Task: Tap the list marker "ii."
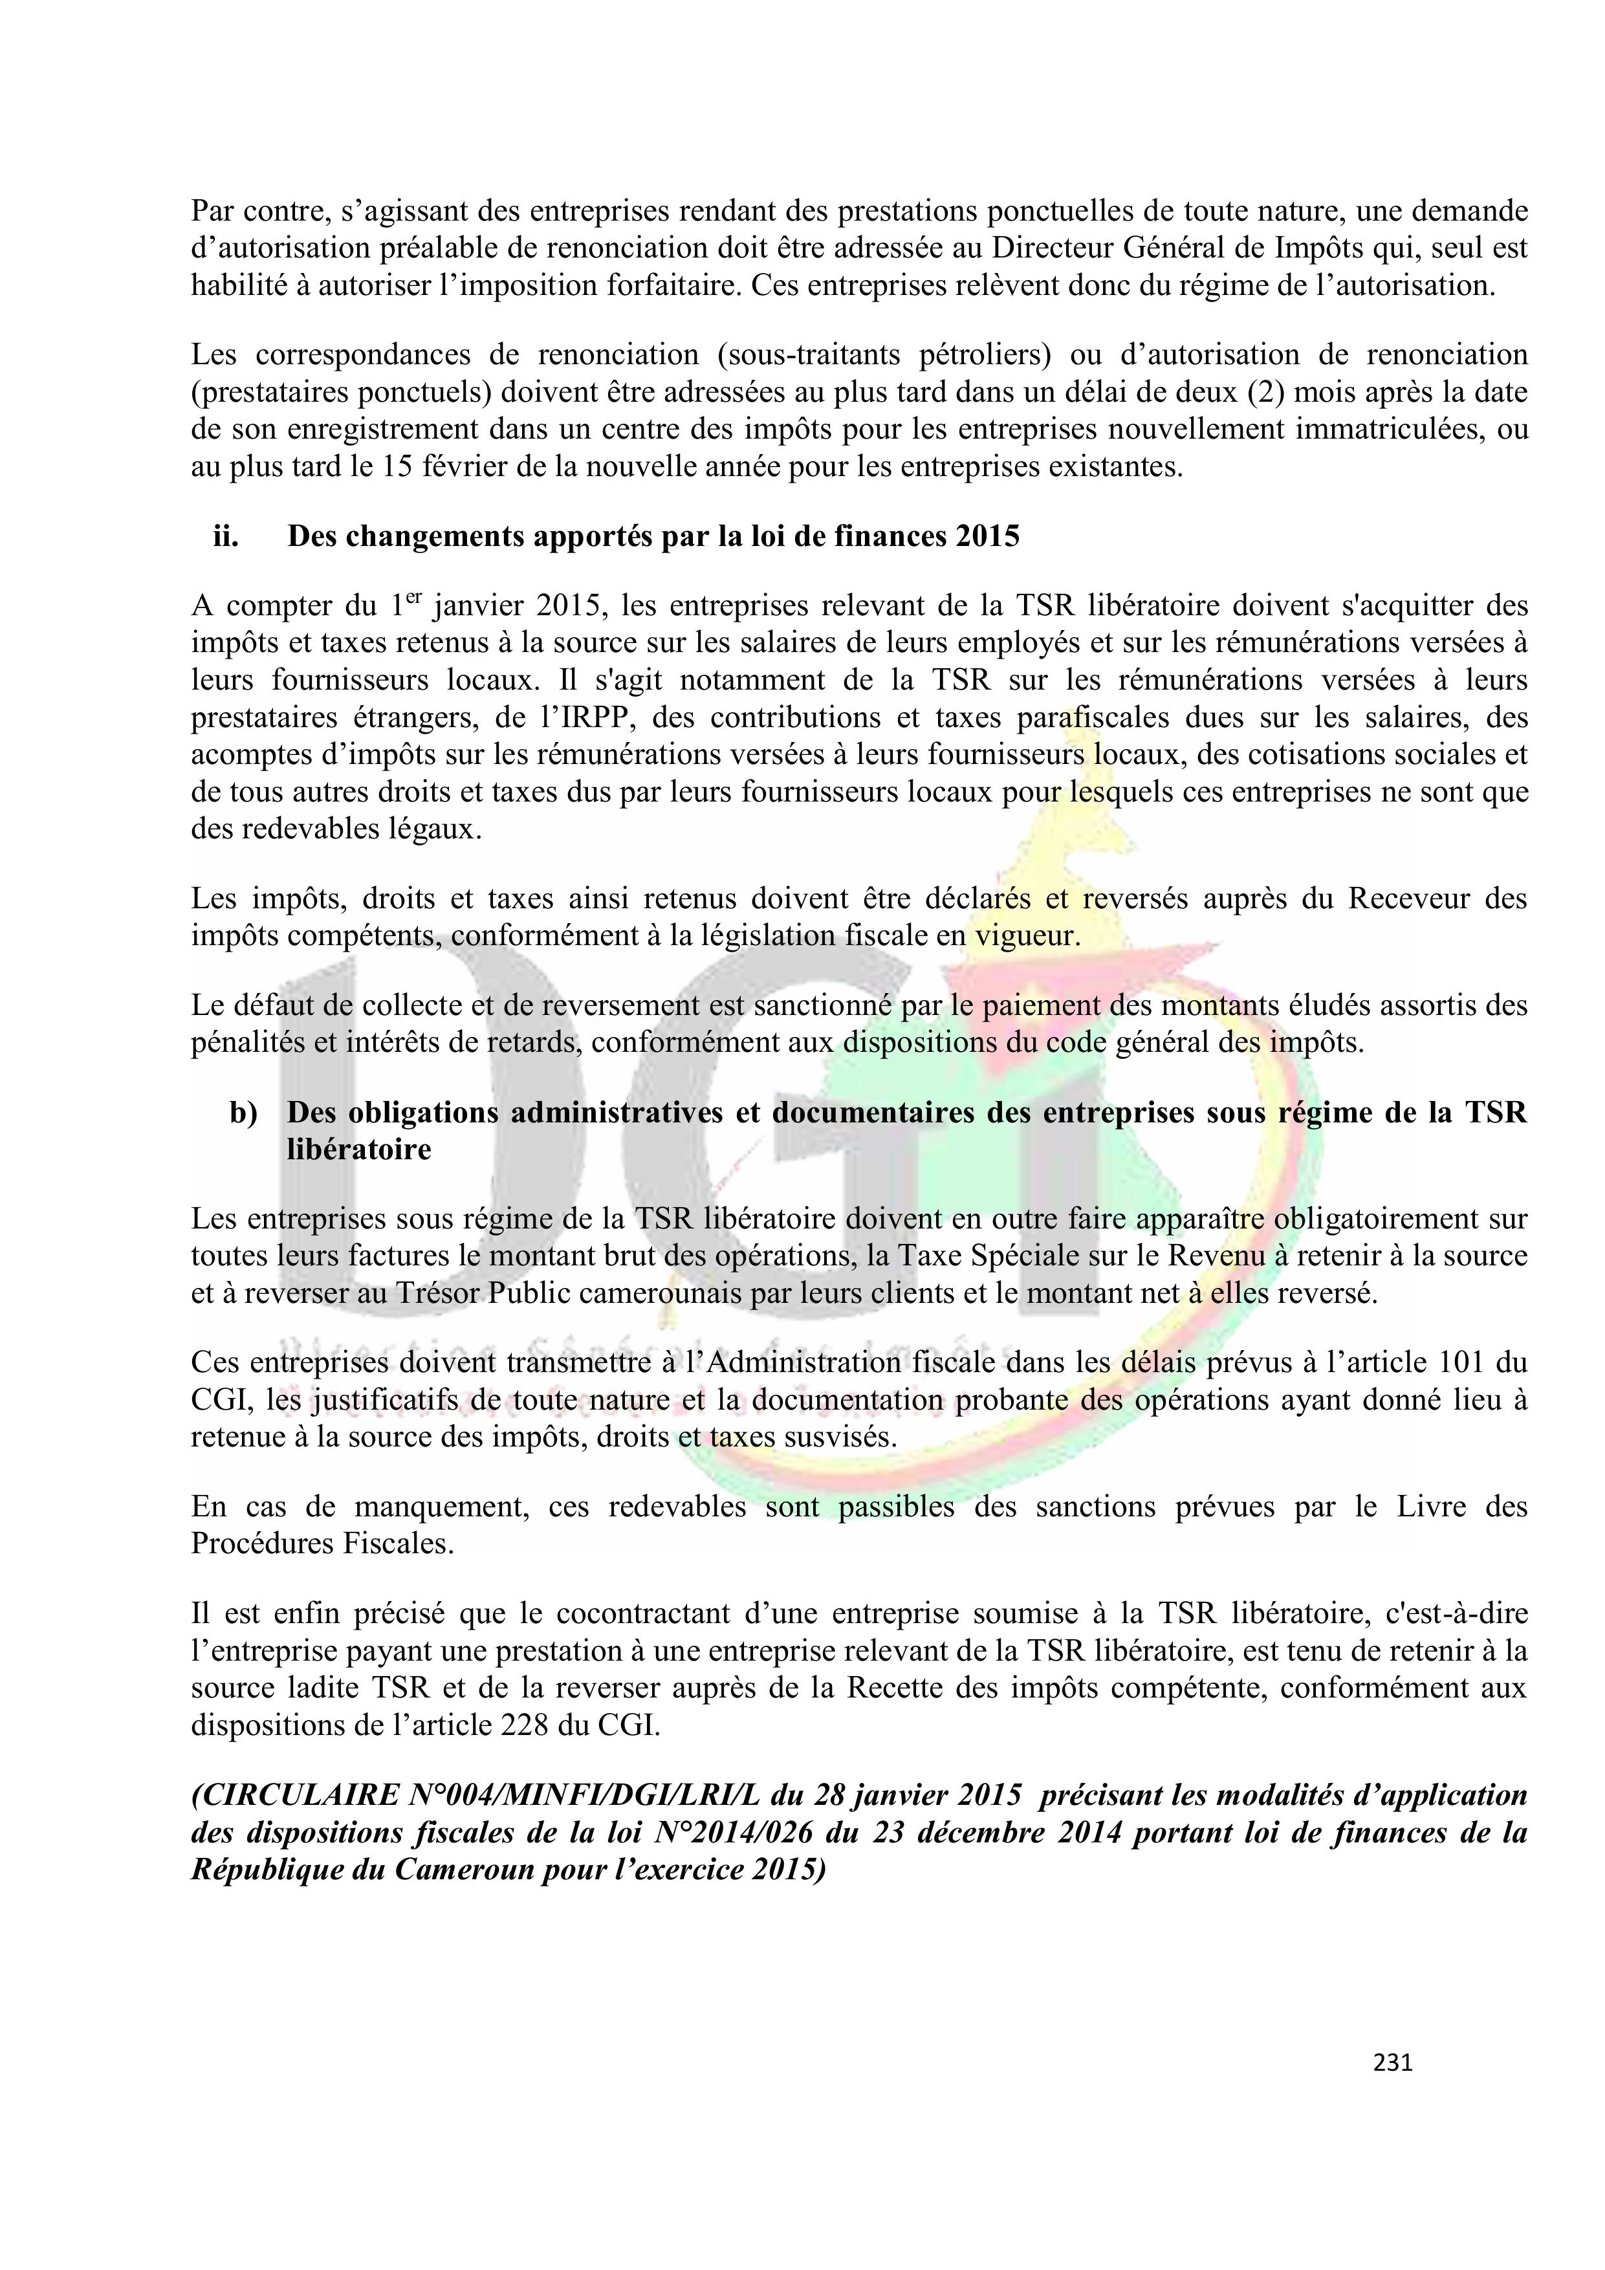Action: point(226,537)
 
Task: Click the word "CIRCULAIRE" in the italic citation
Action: point(289,1795)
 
